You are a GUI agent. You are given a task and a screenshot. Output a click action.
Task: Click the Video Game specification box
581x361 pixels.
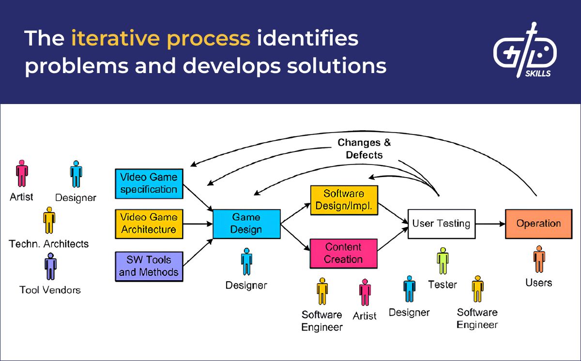pyautogui.click(x=149, y=183)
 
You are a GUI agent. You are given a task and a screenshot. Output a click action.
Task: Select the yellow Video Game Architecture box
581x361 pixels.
pyautogui.click(x=149, y=224)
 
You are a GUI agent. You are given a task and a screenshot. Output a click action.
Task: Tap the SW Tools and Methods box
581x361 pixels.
pyautogui.click(x=149, y=266)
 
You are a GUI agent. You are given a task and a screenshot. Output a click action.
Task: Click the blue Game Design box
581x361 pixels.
pyautogui.click(x=246, y=224)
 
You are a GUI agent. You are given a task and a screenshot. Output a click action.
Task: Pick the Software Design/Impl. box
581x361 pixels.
pyautogui.click(x=344, y=199)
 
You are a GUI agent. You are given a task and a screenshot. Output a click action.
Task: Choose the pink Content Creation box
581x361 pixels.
pyautogui.click(x=343, y=253)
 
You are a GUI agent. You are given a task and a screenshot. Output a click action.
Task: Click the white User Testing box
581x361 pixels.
pyautogui.click(x=441, y=224)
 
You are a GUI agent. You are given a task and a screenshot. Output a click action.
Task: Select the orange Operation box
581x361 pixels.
pyautogui.click(x=538, y=224)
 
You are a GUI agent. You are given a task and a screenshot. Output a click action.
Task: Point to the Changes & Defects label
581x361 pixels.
pyautogui.click(x=364, y=149)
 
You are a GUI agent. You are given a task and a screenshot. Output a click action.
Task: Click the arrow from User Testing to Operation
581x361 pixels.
pyautogui.click(x=489, y=224)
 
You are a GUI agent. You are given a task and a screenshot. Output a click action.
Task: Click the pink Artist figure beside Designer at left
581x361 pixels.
pyautogui.click(x=22, y=174)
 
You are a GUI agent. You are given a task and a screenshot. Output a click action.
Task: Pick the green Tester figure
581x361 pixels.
pyautogui.click(x=443, y=261)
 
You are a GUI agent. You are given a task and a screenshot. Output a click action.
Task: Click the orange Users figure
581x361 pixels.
pyautogui.click(x=539, y=259)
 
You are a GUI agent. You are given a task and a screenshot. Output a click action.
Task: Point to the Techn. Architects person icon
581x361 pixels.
pyautogui.click(x=49, y=221)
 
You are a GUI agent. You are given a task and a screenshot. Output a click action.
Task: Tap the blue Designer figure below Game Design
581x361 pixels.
pyautogui.click(x=246, y=262)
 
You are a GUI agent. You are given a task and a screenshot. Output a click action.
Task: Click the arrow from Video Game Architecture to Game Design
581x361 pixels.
pyautogui.click(x=197, y=224)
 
